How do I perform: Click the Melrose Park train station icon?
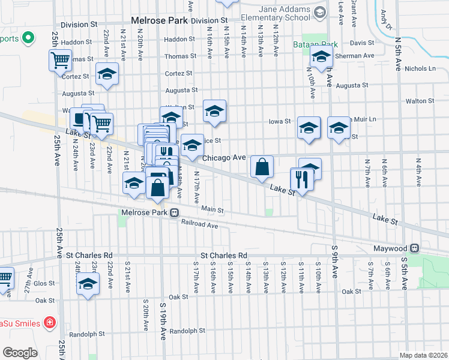click(x=174, y=212)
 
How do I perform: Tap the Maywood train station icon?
click(x=414, y=248)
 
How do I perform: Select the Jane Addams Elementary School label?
click(x=286, y=14)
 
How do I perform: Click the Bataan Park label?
click(x=316, y=44)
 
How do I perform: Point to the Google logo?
click(x=20, y=352)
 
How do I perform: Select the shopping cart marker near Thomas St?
click(x=60, y=60)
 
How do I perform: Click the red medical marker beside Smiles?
click(x=49, y=323)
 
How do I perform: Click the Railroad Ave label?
click(x=200, y=225)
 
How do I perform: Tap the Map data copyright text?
click(x=423, y=355)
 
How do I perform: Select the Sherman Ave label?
click(x=357, y=56)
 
